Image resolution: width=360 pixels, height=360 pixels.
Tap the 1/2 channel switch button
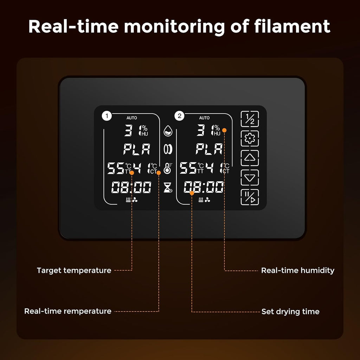pyautogui.click(x=250, y=119)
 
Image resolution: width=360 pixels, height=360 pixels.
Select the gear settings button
pyautogui.click(x=250, y=139)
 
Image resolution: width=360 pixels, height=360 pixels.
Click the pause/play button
pyautogui.click(x=250, y=197)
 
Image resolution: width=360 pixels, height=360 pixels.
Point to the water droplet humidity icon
pyautogui.click(x=168, y=131)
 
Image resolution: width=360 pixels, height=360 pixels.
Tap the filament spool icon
pyautogui.click(x=168, y=149)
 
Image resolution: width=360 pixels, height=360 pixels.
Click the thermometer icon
pyautogui.click(x=168, y=168)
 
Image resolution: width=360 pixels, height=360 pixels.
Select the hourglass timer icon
pyautogui.click(x=168, y=187)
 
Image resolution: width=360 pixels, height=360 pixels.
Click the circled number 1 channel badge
pyautogui.click(x=107, y=116)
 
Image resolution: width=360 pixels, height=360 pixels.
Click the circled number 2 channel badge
pyautogui.click(x=179, y=116)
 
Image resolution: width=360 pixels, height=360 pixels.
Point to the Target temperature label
pyautogui.click(x=74, y=270)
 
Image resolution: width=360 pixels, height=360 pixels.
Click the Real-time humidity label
pyautogui.click(x=297, y=270)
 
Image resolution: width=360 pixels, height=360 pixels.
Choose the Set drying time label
pyautogui.click(x=290, y=311)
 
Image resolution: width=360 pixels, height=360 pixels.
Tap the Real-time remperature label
pyautogui.click(x=68, y=311)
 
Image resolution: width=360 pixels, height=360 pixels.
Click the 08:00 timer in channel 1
pyautogui.click(x=131, y=187)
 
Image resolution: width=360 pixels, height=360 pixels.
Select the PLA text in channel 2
pyautogui.click(x=209, y=149)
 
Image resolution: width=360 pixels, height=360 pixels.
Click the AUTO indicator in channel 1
pyautogui.click(x=131, y=118)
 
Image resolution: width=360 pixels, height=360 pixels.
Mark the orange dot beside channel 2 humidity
pyautogui.click(x=224, y=130)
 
